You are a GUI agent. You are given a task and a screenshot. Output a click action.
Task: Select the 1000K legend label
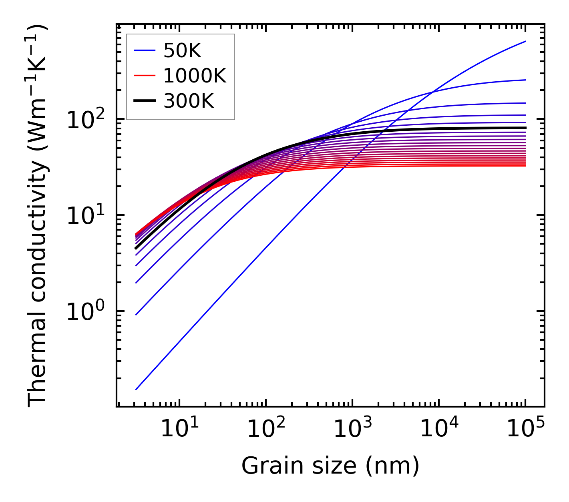pos(195,76)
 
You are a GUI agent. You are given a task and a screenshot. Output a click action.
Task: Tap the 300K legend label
pos(189,101)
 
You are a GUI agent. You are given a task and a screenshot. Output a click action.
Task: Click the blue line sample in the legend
pos(144,50)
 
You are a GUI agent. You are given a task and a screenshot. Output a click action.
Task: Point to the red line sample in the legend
pos(144,76)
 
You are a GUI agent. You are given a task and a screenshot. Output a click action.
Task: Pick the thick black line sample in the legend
pos(144,101)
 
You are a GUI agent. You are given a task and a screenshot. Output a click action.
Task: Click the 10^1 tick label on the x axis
pos(179,428)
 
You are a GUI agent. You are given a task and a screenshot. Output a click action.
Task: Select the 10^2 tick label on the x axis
pos(265,428)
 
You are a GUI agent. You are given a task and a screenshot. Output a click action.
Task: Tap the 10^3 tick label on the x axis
pos(352,428)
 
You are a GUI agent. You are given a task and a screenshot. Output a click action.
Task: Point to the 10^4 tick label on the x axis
pos(439,428)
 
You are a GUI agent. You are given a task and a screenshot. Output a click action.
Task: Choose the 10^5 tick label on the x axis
pos(525,428)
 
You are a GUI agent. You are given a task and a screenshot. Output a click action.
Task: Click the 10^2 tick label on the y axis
pos(86,119)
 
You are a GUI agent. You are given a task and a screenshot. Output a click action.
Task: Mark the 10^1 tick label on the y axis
pos(86,215)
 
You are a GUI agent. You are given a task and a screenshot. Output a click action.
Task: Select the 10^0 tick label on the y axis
pos(86,311)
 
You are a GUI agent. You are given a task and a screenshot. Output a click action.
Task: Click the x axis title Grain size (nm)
pos(330,466)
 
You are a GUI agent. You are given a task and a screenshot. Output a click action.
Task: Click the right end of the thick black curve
pos(525,128)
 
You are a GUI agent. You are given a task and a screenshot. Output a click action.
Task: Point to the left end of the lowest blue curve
pos(136,389)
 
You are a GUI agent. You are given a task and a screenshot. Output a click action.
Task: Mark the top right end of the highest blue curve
pos(525,41)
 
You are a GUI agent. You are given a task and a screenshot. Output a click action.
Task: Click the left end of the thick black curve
pos(136,248)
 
